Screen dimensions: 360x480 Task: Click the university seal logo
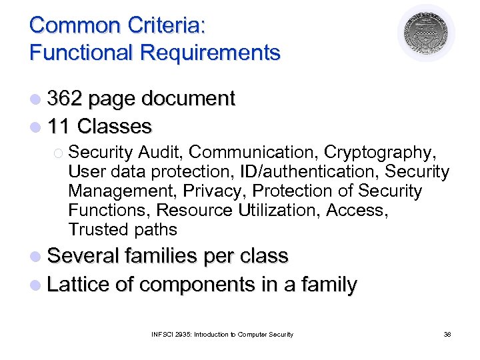pyautogui.click(x=426, y=33)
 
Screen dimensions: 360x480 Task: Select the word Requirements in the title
pyautogui.click(x=215, y=52)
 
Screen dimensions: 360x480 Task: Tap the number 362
pyautogui.click(x=65, y=99)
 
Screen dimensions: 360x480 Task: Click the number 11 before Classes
pyautogui.click(x=59, y=126)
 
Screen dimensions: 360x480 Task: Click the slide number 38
pyautogui.click(x=447, y=334)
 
